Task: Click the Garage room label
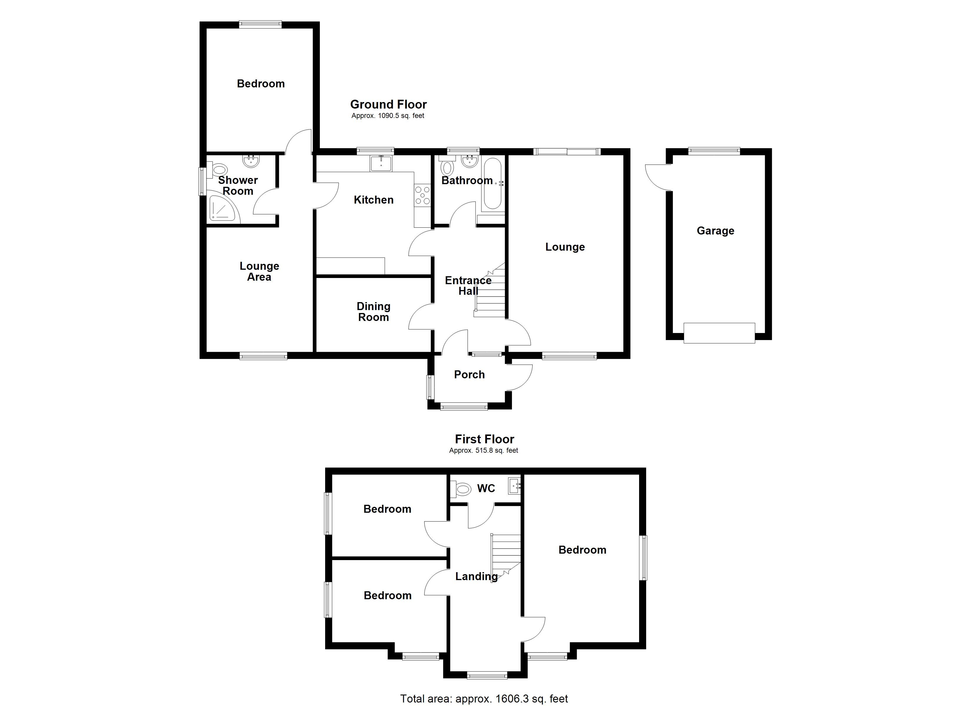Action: (x=715, y=231)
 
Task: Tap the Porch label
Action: (x=469, y=374)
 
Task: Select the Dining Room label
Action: (x=373, y=312)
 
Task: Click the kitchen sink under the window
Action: (x=381, y=163)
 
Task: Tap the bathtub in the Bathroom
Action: (x=493, y=184)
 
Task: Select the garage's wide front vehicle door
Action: (x=719, y=333)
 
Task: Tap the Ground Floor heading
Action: (x=388, y=104)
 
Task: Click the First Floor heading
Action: (x=484, y=439)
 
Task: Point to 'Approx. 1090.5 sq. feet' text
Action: (x=388, y=116)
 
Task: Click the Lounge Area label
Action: (x=259, y=272)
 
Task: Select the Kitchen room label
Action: (x=373, y=200)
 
